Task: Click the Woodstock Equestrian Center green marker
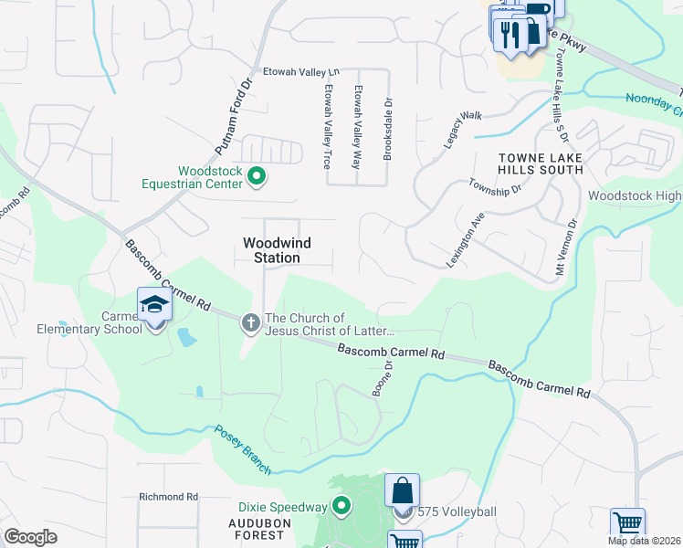click(257, 177)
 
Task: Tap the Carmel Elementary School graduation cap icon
click(154, 305)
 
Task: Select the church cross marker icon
click(251, 322)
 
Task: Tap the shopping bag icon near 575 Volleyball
click(402, 493)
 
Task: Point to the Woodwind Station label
click(272, 250)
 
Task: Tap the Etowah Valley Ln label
click(301, 70)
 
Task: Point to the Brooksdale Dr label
click(388, 130)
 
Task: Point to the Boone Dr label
click(382, 377)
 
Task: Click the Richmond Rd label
click(169, 497)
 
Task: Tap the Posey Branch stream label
click(243, 449)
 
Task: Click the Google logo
click(31, 537)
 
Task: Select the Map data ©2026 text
click(644, 541)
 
